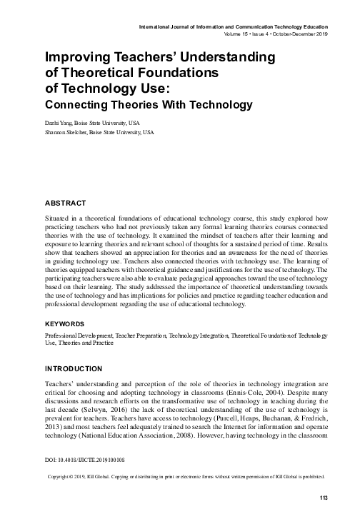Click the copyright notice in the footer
pyautogui.click(x=186, y=476)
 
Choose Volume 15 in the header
pyautogui.click(x=239, y=34)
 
